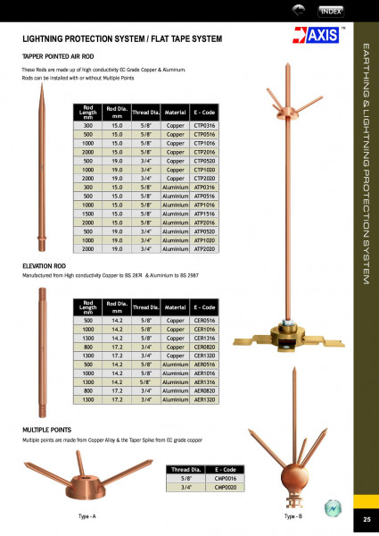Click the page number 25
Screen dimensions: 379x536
click(366, 519)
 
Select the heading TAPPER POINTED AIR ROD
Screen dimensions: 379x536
click(62, 55)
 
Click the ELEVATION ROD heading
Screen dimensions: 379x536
click(43, 266)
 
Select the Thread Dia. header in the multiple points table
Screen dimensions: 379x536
click(185, 469)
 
